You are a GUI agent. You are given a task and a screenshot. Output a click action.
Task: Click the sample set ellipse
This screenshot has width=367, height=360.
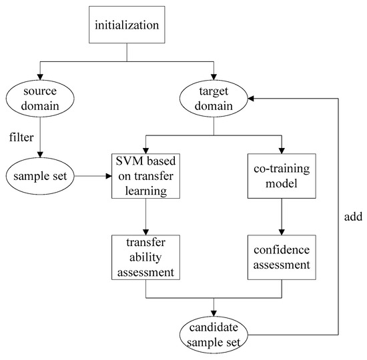point(40,177)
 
